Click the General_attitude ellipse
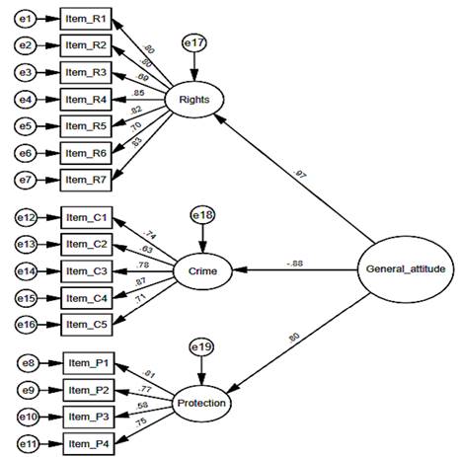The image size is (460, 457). click(x=406, y=269)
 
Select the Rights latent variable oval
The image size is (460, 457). click(x=194, y=99)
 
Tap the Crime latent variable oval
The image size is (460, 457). click(x=202, y=269)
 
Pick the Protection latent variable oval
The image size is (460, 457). click(x=201, y=402)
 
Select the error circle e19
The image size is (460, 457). click(x=201, y=348)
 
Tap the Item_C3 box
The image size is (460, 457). click(x=88, y=269)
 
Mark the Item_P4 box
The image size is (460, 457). click(x=88, y=440)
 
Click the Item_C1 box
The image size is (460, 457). click(x=88, y=217)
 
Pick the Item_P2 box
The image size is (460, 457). click(x=88, y=389)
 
